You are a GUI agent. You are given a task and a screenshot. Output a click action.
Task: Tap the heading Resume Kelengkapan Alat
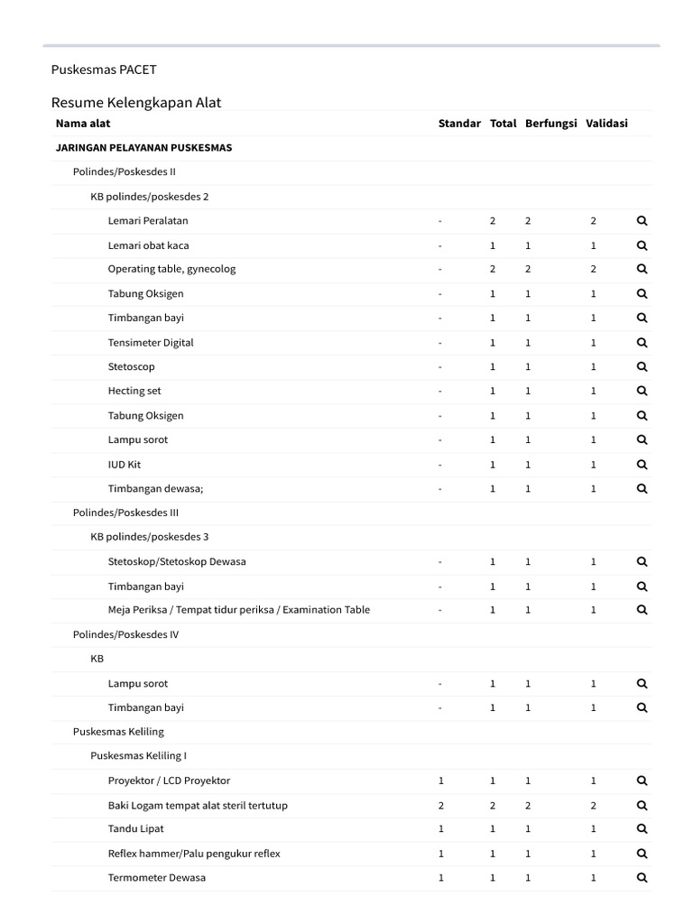click(136, 102)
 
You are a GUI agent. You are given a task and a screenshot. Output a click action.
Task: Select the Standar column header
click(459, 124)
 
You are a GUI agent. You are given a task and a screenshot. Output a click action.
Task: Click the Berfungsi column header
click(550, 124)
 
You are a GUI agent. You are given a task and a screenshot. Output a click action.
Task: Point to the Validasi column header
click(606, 124)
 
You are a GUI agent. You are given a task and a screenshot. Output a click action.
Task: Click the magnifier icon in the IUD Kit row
click(642, 465)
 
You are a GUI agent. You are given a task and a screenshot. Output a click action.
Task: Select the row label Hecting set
click(134, 391)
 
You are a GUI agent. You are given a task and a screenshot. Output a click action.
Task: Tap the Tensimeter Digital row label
click(151, 342)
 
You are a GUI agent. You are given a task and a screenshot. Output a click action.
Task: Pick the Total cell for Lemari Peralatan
click(493, 221)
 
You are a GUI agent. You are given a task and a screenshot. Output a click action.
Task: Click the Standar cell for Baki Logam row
click(441, 805)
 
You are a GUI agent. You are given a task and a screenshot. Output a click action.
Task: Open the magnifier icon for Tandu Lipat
click(642, 829)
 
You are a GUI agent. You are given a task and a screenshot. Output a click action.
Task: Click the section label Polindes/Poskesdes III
click(125, 513)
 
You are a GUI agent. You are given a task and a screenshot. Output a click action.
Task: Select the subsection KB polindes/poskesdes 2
click(149, 196)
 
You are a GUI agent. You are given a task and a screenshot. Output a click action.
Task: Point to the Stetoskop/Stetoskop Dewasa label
click(177, 561)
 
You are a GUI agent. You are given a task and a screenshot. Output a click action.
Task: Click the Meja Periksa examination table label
click(239, 610)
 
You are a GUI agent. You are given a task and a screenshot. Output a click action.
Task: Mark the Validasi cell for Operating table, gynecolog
click(594, 269)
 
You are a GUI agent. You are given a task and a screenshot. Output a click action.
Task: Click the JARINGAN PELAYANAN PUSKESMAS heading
click(143, 148)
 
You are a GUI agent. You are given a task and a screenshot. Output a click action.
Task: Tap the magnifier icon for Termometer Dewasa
click(642, 878)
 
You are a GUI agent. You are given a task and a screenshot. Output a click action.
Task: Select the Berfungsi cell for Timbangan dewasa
click(528, 488)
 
